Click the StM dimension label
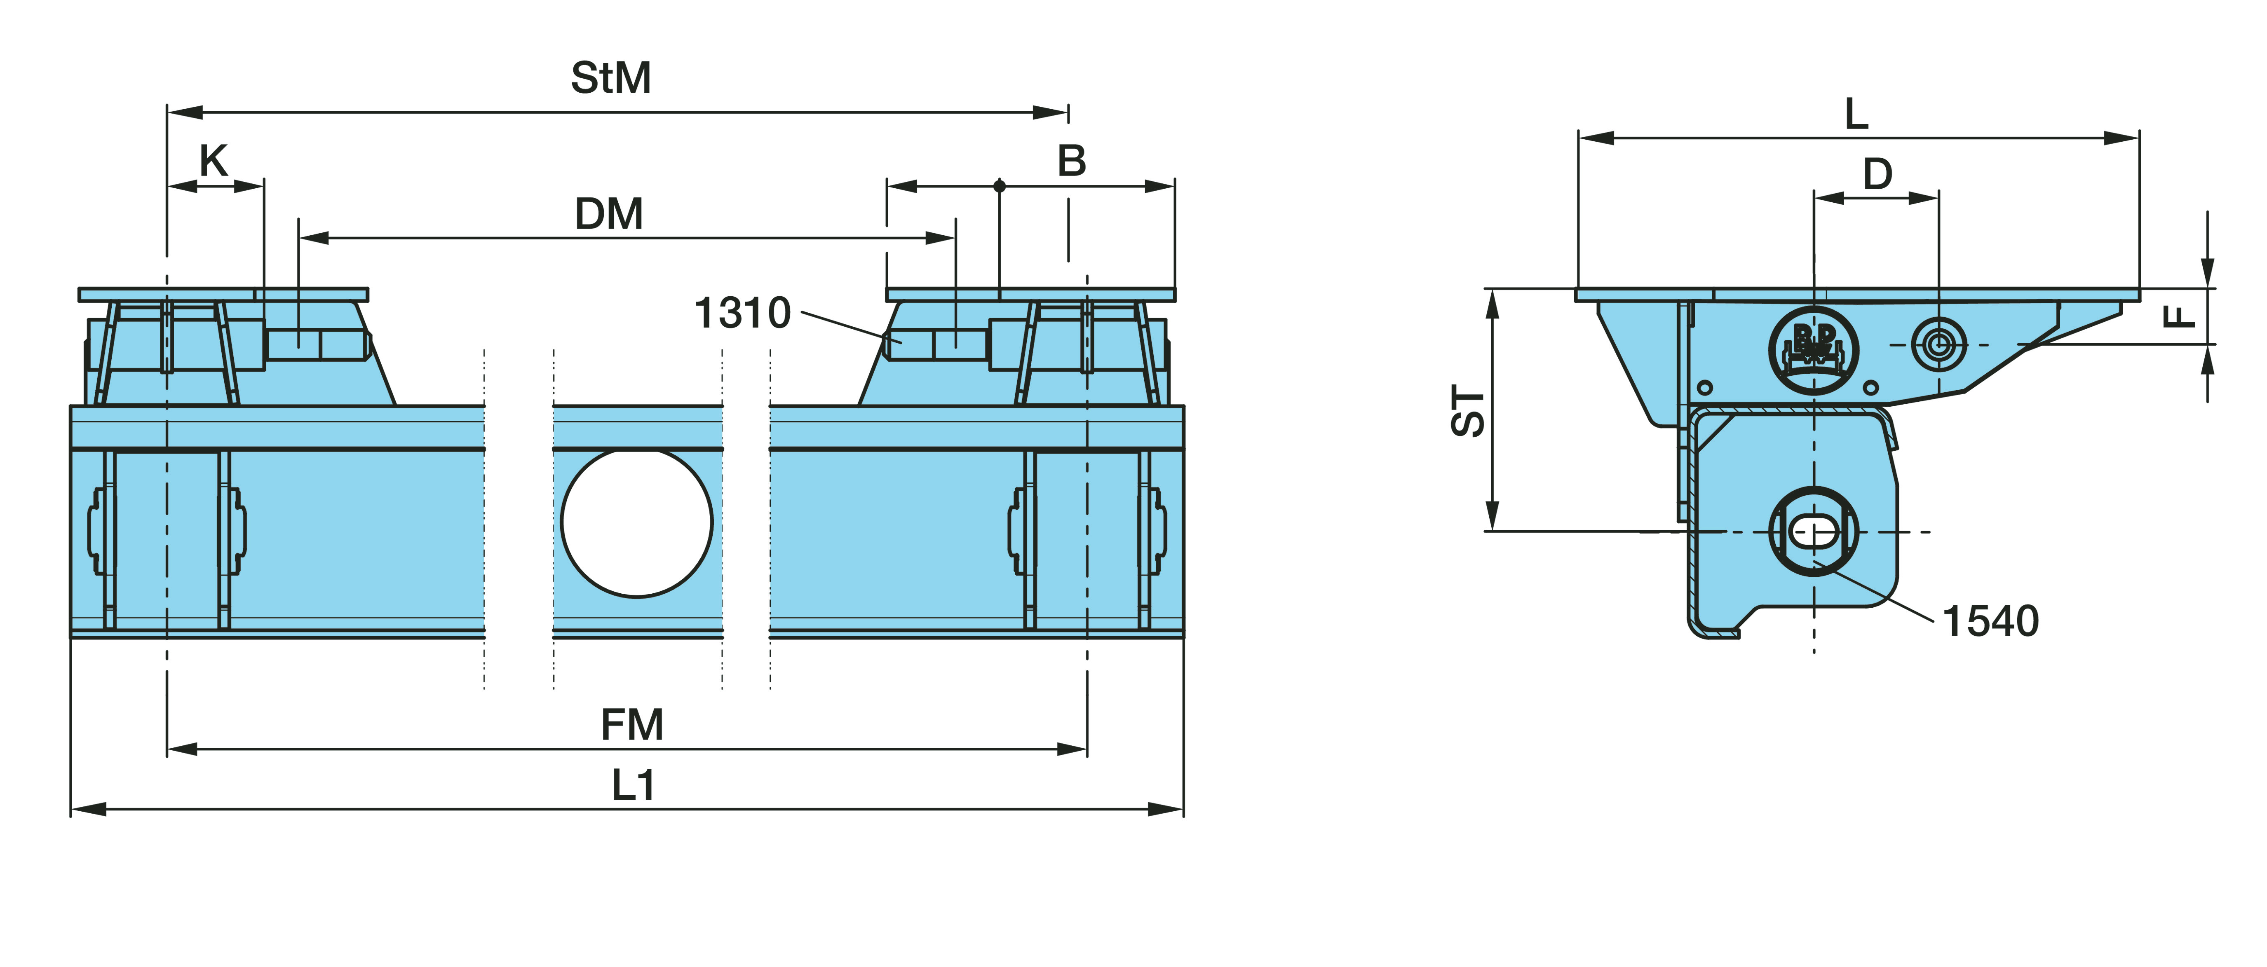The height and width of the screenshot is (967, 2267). click(611, 78)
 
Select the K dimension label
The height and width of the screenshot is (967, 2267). click(214, 161)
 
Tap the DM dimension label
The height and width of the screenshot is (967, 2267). click(609, 214)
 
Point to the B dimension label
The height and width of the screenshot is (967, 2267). click(1072, 161)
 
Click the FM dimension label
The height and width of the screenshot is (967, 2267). click(632, 725)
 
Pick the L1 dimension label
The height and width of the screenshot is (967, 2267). click(634, 785)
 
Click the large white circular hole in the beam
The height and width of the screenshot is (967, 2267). click(636, 523)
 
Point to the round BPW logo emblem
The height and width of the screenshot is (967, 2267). click(1814, 349)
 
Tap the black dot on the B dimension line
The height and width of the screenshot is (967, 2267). click(1000, 186)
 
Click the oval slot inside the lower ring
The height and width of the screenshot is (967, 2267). click(1814, 531)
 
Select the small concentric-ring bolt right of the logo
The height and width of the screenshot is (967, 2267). click(1939, 344)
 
